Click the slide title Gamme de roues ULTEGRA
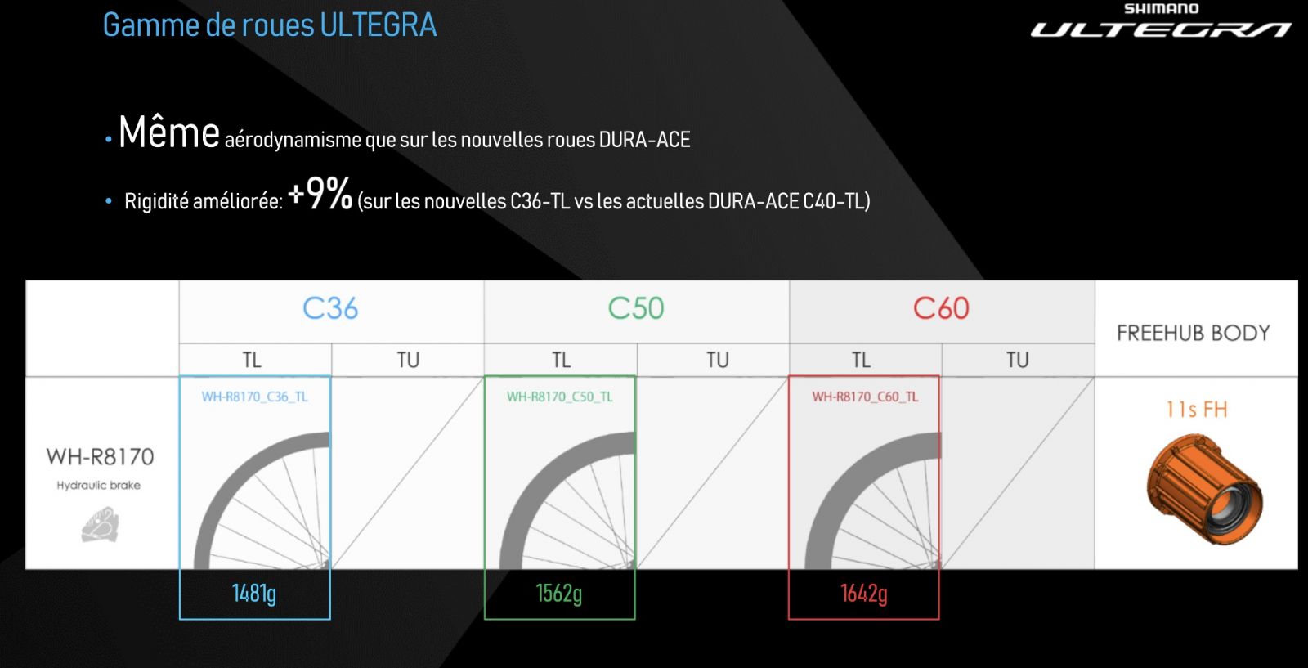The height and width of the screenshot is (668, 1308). click(x=270, y=25)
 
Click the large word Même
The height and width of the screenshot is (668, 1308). click(x=168, y=132)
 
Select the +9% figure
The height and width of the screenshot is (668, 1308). click(x=320, y=193)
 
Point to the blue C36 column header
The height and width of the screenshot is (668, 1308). click(x=330, y=308)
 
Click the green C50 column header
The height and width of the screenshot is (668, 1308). click(x=636, y=308)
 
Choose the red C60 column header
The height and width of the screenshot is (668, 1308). click(x=941, y=308)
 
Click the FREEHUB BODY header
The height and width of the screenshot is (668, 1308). click(x=1194, y=334)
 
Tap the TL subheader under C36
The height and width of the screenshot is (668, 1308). click(x=252, y=361)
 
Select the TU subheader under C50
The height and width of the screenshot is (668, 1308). click(x=718, y=361)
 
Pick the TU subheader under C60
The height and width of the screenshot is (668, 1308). click(x=1017, y=361)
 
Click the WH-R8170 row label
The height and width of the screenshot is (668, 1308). click(x=101, y=456)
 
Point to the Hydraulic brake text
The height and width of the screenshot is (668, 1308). click(x=99, y=485)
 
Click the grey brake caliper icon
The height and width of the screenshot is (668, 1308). click(x=101, y=524)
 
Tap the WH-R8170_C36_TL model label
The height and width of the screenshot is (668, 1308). click(x=254, y=397)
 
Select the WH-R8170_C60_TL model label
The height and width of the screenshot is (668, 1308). click(x=865, y=397)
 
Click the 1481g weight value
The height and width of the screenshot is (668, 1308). click(x=254, y=594)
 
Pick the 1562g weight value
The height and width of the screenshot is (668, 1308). click(x=559, y=594)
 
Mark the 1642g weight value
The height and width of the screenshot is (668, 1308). click(x=864, y=594)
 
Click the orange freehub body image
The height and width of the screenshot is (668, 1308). click(x=1204, y=489)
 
